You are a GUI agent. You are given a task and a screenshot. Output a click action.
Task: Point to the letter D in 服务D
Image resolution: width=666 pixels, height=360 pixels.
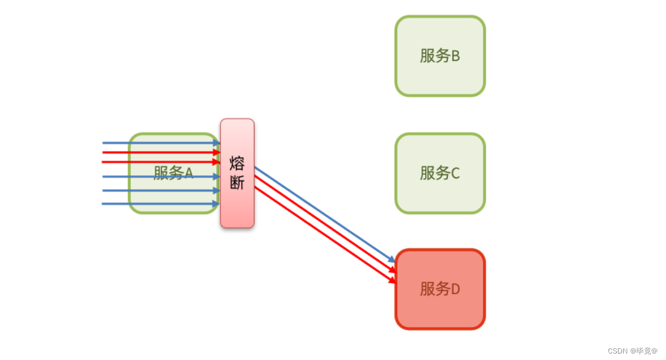(455, 289)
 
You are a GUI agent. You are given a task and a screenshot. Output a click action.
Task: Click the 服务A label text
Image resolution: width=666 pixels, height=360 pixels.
(173, 173)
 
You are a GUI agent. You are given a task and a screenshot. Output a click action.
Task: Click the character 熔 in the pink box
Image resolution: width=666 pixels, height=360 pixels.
(237, 162)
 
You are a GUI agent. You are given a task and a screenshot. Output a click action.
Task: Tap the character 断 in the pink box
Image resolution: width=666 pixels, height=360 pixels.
(237, 183)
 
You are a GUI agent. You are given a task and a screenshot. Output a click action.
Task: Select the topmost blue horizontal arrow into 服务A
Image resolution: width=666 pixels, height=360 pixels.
(158, 142)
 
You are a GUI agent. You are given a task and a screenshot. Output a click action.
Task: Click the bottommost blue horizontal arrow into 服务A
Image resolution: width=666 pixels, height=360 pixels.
(158, 203)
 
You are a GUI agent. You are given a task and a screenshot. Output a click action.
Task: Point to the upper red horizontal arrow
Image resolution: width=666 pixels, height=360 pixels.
(158, 152)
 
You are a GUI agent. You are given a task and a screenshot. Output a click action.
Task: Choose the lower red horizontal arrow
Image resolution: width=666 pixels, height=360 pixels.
(158, 162)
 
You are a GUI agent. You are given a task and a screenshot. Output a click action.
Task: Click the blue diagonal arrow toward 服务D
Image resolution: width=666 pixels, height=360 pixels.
(322, 213)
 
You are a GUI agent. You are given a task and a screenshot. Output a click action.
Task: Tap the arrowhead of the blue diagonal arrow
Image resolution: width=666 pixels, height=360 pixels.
(392, 260)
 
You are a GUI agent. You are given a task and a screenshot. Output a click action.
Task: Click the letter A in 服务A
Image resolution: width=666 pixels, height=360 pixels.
(189, 173)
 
